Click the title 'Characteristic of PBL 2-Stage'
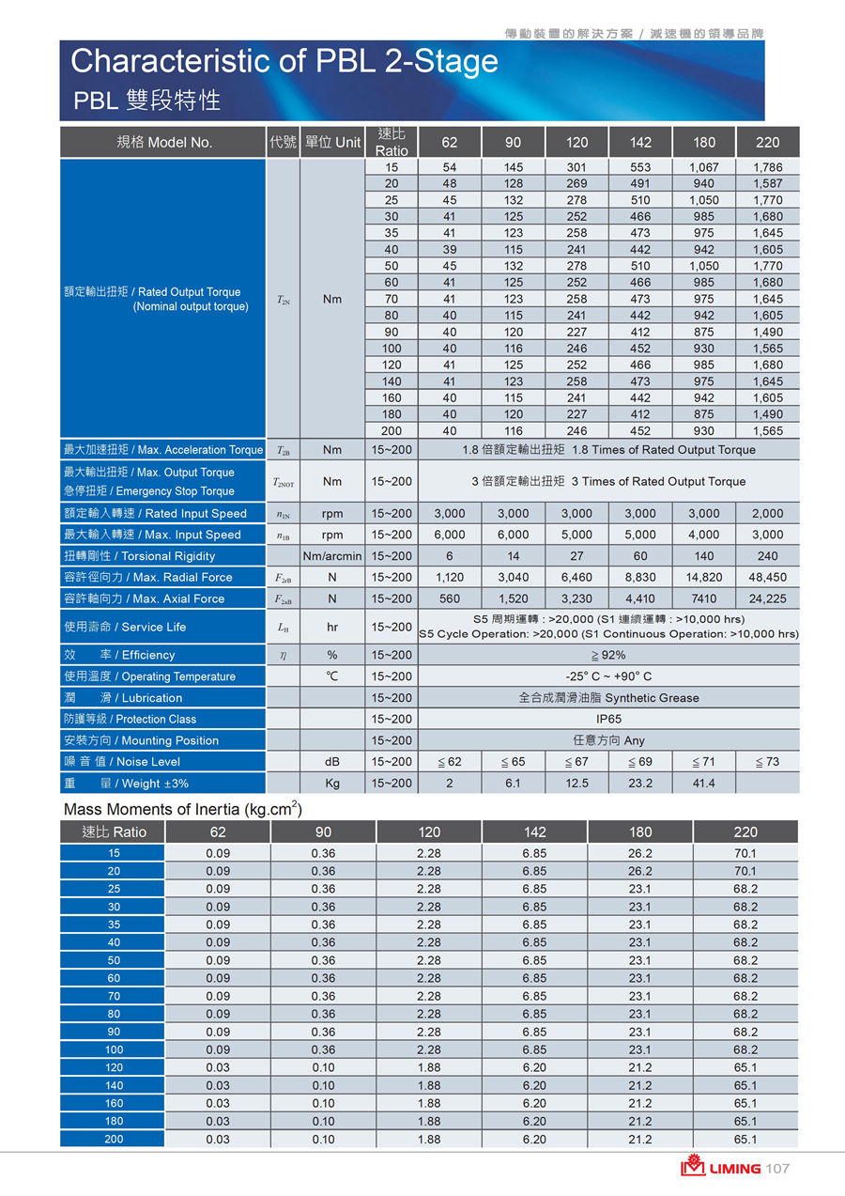click(284, 61)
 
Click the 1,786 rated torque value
click(767, 166)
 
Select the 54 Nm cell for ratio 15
click(450, 166)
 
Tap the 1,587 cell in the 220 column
click(767, 183)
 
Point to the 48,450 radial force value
click(767, 577)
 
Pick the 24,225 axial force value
click(767, 598)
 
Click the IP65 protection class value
click(608, 719)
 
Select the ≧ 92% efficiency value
click(608, 655)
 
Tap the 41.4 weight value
click(703, 783)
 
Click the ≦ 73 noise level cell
click(767, 761)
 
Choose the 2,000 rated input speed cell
click(767, 513)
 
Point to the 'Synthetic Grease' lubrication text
click(648, 698)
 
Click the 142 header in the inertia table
click(534, 831)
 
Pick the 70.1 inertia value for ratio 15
click(745, 853)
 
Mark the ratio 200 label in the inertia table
click(114, 1139)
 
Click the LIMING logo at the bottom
click(722, 1168)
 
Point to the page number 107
click(778, 1169)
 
